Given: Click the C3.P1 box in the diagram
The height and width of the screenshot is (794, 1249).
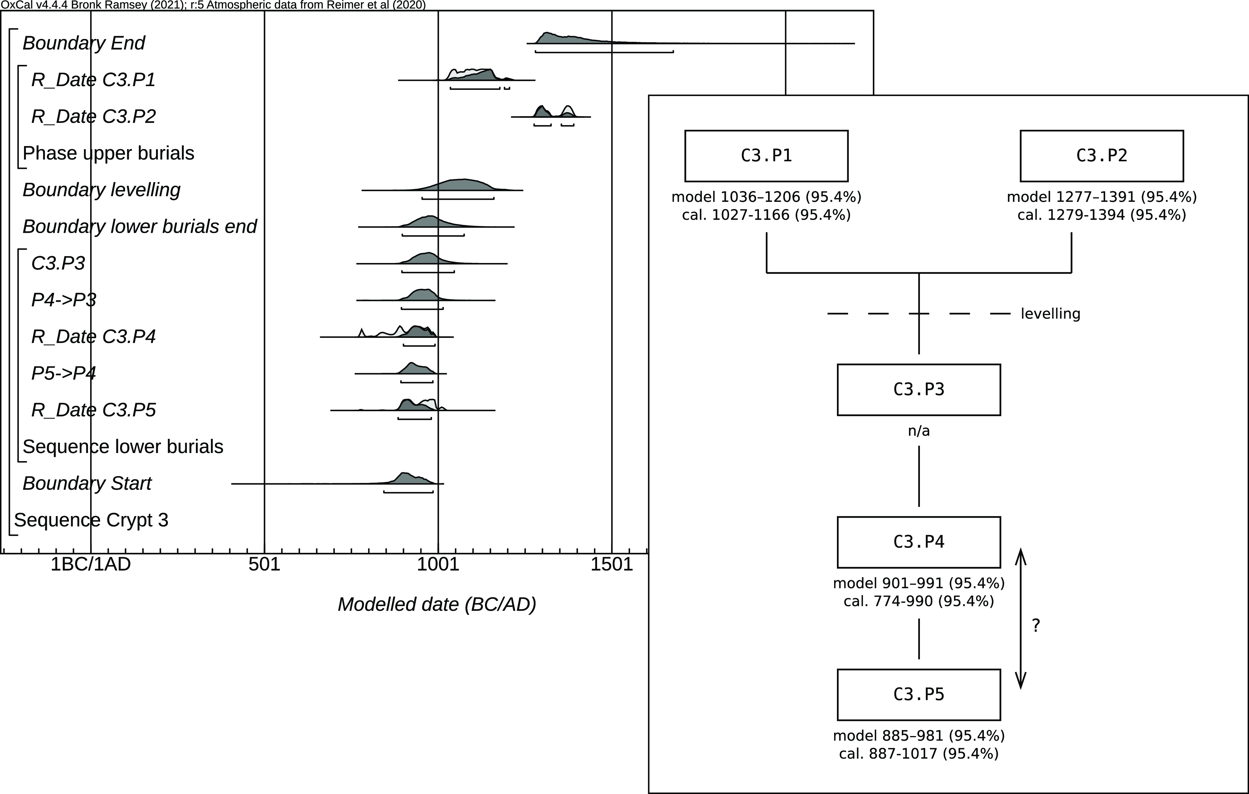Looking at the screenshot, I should pos(766,156).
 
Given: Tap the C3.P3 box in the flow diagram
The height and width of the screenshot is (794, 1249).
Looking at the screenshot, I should pos(919,389).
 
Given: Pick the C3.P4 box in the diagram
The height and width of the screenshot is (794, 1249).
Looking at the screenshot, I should pos(919,542).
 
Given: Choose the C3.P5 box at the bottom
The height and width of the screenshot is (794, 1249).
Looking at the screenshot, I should pos(919,694).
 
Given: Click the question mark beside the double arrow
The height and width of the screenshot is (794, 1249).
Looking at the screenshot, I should pos(1036,626).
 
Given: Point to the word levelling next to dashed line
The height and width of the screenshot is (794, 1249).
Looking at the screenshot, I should pos(1050,314).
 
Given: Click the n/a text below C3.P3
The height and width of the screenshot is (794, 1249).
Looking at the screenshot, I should pos(919,431).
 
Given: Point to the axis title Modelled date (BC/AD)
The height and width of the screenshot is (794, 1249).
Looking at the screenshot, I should pos(437,605).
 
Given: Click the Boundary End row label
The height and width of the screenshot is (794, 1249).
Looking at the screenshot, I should pos(84,43).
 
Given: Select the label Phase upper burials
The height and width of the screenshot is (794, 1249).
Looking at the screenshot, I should pos(109,153).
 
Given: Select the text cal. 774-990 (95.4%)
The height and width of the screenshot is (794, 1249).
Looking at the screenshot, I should pos(919,601).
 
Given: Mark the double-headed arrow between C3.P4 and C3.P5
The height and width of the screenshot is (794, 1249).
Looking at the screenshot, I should pos(1020,618).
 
